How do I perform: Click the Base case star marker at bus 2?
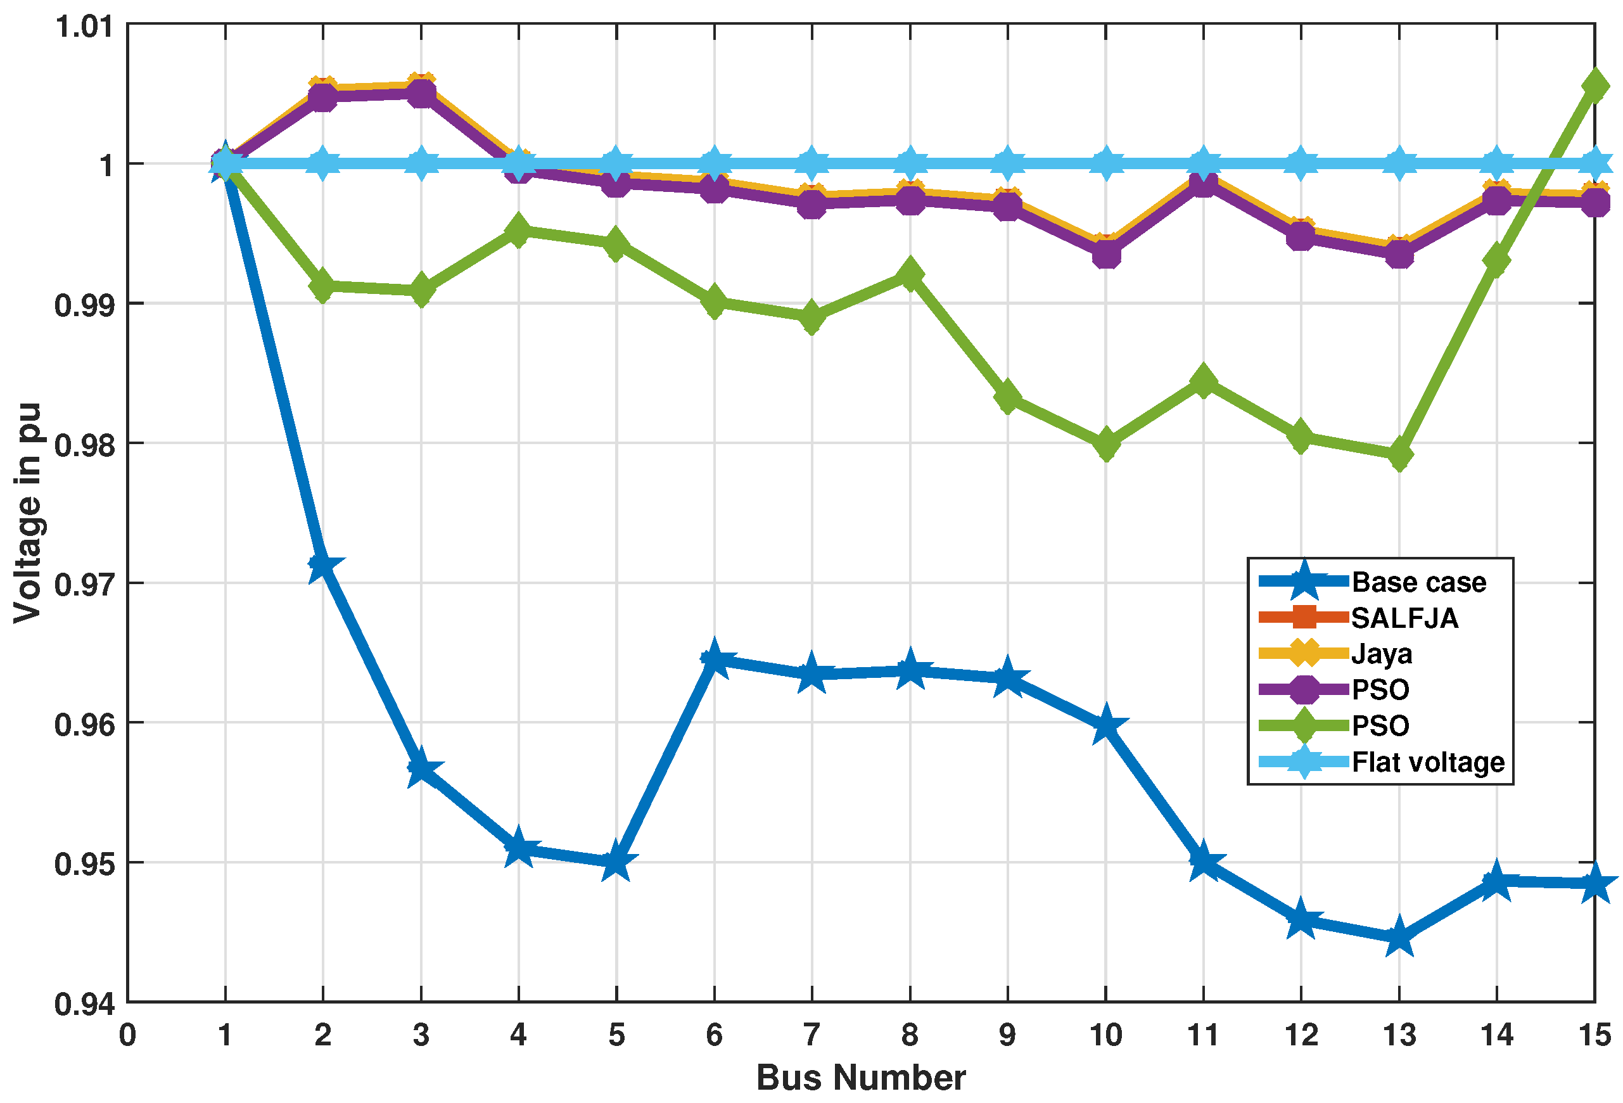tap(322, 565)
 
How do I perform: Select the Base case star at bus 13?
tap(1399, 938)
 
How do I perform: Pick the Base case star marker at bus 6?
tap(714, 659)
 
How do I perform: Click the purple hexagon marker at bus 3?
tap(421, 94)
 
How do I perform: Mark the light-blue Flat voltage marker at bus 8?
tap(909, 163)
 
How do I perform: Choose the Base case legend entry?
tap(1418, 582)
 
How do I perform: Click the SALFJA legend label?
tap(1404, 618)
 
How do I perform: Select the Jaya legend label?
tap(1382, 654)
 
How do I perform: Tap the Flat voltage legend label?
tap(1427, 762)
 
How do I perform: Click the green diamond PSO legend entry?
tap(1380, 726)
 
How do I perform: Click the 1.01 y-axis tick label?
tap(84, 27)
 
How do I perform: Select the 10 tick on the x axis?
tap(1105, 1035)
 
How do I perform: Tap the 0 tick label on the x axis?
tap(127, 1035)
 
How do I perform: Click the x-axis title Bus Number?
tap(860, 1078)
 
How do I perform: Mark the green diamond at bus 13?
tap(1399, 456)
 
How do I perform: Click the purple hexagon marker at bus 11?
tap(1202, 183)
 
